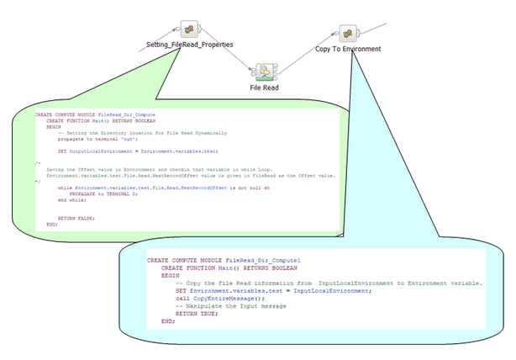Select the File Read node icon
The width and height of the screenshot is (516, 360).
click(x=264, y=70)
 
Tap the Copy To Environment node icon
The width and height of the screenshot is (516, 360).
click(x=347, y=33)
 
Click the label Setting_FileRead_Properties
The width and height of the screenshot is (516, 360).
click(x=189, y=45)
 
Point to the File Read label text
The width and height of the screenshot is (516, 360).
click(x=264, y=86)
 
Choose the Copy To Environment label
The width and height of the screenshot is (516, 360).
click(x=347, y=49)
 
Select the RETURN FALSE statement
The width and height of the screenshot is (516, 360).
click(x=76, y=218)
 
